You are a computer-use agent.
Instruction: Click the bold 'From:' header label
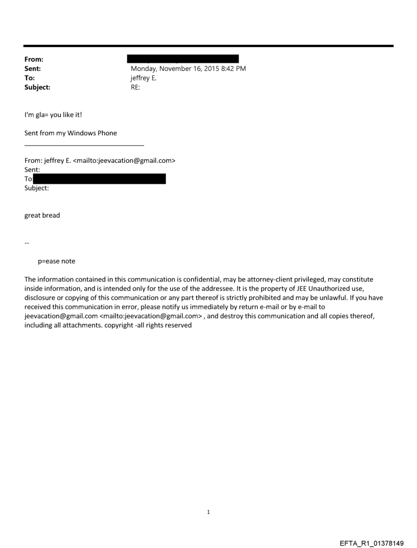click(34, 59)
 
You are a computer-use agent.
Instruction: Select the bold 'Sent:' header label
click(33, 68)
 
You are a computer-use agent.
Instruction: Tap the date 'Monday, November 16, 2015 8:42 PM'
click(188, 68)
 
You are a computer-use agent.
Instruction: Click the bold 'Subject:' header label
click(37, 87)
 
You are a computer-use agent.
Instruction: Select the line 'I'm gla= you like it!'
click(53, 114)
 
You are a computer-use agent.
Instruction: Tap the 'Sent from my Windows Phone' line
click(71, 133)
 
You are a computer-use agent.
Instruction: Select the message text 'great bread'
click(42, 215)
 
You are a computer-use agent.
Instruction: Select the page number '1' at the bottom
click(208, 512)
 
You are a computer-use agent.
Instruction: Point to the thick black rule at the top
click(208, 46)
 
